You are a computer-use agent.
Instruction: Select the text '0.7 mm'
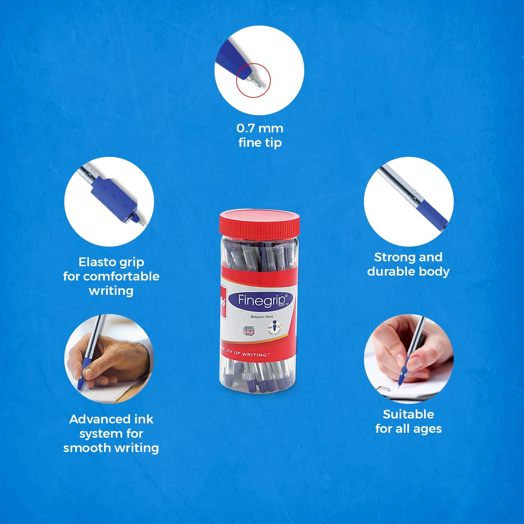(x=260, y=128)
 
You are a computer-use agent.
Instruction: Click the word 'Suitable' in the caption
(x=408, y=414)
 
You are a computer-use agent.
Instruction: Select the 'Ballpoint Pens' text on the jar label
(x=262, y=317)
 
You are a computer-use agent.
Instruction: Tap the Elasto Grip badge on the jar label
(x=249, y=331)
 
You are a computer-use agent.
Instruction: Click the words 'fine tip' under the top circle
(x=260, y=143)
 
